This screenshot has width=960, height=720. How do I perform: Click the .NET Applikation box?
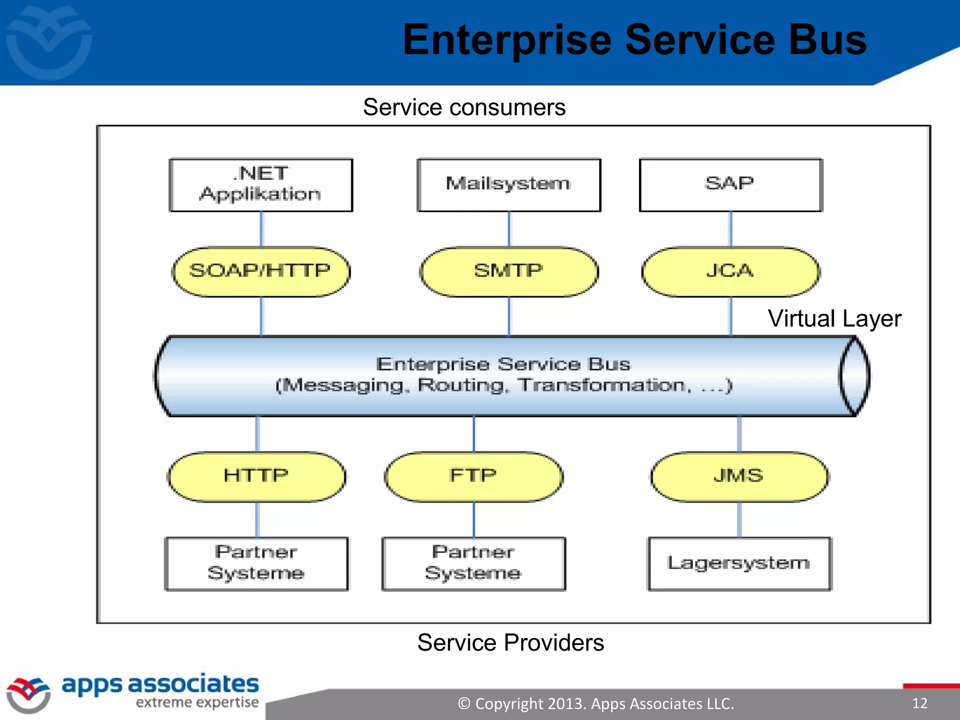[261, 185]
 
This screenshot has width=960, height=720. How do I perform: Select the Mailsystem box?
[509, 185]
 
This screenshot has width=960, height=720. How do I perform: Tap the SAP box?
[730, 185]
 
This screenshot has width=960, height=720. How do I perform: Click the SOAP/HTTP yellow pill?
[261, 271]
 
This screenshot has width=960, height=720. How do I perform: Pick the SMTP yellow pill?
[509, 271]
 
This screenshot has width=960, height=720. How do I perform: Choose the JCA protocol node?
[730, 271]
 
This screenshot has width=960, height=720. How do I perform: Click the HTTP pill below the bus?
[256, 476]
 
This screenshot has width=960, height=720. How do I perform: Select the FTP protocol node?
[473, 476]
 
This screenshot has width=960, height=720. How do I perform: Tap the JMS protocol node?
[739, 476]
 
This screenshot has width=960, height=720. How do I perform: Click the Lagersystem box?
[739, 563]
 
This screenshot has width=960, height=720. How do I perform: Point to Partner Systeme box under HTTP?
[256, 563]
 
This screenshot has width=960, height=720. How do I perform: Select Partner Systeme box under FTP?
[473, 563]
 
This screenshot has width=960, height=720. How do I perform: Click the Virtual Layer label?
[834, 319]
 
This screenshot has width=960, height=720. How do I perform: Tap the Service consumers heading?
[464, 107]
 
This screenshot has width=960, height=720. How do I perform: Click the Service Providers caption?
[510, 643]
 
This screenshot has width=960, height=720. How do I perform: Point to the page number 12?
[920, 703]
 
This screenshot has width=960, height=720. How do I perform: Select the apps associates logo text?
[160, 684]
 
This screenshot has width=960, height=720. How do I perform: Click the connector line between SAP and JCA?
[730, 229]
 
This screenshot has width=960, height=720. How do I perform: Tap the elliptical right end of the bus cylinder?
[855, 376]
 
